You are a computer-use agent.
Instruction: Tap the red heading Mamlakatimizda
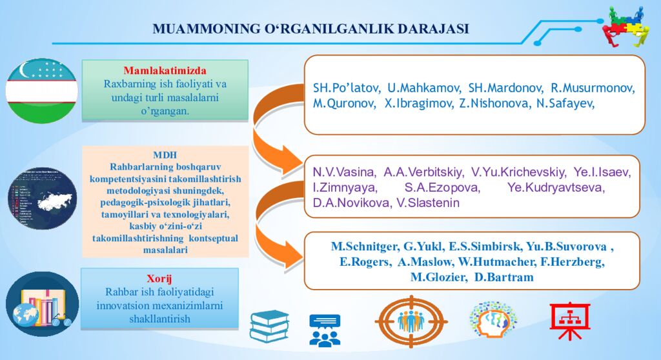click(165, 70)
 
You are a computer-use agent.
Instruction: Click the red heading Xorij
click(159, 279)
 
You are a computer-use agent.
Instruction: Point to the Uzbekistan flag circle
click(42, 91)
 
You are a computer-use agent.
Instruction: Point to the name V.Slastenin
click(428, 203)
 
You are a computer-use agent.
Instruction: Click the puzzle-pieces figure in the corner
click(625, 26)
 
